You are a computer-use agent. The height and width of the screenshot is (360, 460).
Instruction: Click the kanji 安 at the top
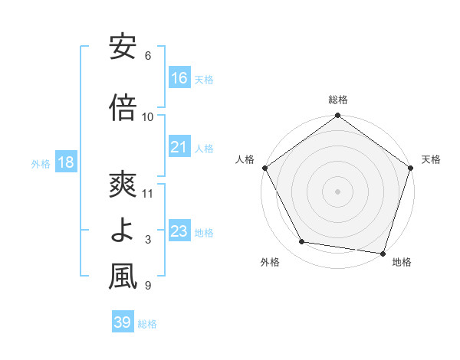(123, 47)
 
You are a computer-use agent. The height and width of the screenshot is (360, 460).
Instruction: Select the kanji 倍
(123, 107)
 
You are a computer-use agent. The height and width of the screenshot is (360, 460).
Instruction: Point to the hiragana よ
(123, 231)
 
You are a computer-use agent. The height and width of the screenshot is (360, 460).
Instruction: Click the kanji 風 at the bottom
(123, 277)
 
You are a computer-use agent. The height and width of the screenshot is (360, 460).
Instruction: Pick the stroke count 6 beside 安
(148, 56)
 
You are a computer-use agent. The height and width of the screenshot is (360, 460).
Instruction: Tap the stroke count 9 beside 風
(148, 286)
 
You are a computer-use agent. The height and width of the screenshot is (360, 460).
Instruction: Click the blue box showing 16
(179, 78)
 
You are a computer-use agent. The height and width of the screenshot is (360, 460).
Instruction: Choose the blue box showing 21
(179, 147)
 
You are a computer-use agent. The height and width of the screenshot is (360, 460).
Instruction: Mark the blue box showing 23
(179, 231)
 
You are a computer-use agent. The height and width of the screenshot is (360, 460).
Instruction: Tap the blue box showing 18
(65, 163)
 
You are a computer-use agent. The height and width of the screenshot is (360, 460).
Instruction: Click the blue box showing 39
(122, 322)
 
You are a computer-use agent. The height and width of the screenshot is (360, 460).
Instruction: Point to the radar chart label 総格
(337, 100)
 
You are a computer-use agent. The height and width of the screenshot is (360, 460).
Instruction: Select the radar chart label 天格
(431, 159)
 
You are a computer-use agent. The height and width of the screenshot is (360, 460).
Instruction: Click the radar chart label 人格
(245, 159)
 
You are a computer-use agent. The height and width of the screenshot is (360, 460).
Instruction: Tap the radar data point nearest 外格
(302, 242)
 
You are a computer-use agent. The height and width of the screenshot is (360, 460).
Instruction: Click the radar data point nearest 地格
(383, 253)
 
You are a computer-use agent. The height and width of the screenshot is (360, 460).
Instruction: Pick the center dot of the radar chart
(337, 191)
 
